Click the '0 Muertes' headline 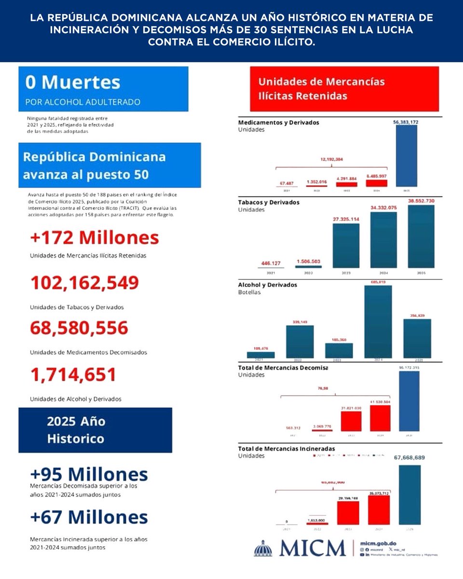click(73, 82)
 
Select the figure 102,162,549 click(84, 283)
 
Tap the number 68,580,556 click(79, 328)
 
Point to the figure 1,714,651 click(73, 375)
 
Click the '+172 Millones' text click(94, 238)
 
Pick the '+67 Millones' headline click(89, 517)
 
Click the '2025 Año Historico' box click(95, 430)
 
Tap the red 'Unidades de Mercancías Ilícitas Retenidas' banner click(344, 89)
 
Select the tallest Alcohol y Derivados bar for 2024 click(378, 322)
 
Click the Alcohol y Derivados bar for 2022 click(300, 341)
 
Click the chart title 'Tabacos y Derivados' click(269, 202)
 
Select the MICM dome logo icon click(263, 549)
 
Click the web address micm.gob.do click(378, 543)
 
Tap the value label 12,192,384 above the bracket click(331, 159)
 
